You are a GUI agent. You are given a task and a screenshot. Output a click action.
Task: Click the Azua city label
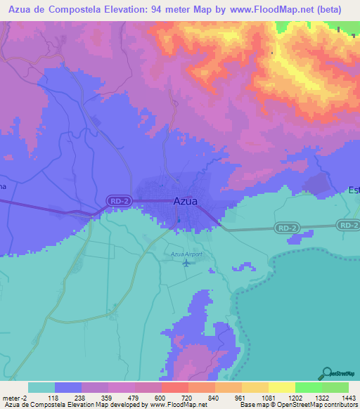click(x=185, y=201)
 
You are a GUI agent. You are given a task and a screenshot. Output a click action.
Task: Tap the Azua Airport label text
click(x=185, y=254)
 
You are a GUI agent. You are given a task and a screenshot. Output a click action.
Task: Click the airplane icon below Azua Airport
click(x=186, y=264)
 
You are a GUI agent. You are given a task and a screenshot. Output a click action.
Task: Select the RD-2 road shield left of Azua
click(x=118, y=201)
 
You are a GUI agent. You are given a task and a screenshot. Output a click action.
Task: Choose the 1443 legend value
click(x=340, y=398)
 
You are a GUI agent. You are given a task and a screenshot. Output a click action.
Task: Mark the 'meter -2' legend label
click(x=15, y=398)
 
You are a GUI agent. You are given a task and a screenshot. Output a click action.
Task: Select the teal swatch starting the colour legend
click(x=41, y=387)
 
